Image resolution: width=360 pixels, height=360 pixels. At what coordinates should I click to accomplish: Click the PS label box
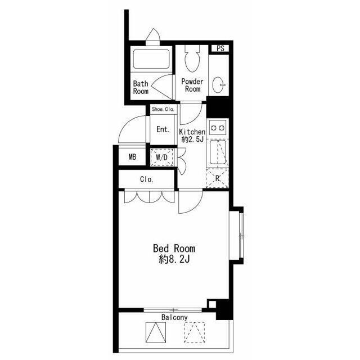[x=220, y=48]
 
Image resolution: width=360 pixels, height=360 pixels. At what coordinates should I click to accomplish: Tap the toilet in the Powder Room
[x=192, y=58]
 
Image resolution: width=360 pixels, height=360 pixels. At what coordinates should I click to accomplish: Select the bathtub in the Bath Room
[x=151, y=59]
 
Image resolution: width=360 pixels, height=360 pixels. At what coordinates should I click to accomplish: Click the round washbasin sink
[x=218, y=85]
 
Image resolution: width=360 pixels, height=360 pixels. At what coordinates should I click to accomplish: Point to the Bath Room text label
[x=141, y=87]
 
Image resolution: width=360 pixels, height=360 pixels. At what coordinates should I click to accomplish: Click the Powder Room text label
[x=192, y=85]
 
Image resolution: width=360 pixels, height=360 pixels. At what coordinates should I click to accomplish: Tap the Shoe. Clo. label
[x=163, y=109]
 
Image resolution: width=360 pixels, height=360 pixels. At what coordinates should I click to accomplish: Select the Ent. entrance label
[x=163, y=129]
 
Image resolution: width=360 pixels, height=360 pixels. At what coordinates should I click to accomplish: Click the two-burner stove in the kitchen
[x=218, y=128]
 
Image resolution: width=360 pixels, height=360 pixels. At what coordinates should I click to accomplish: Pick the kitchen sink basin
[x=218, y=152]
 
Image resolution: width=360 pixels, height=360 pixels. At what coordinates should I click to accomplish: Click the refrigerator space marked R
[x=218, y=178]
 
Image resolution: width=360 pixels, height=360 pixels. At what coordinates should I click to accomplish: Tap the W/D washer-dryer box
[x=161, y=157]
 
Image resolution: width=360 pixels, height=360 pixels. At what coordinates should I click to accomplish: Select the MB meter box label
[x=133, y=157]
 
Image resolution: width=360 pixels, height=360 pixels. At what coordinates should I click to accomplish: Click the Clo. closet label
[x=146, y=179]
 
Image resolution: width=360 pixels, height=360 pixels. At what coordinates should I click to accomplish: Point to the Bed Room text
[x=174, y=249]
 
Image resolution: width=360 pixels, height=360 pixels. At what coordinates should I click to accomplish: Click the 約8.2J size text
[x=174, y=260]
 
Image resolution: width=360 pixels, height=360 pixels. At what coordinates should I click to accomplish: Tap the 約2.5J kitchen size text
[x=192, y=139]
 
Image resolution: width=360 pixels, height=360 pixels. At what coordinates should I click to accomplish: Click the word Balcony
[x=174, y=317]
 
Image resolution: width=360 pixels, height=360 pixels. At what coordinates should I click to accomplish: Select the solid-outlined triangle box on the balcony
[x=156, y=332]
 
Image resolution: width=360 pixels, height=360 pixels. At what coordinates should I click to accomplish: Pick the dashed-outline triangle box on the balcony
[x=195, y=332]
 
